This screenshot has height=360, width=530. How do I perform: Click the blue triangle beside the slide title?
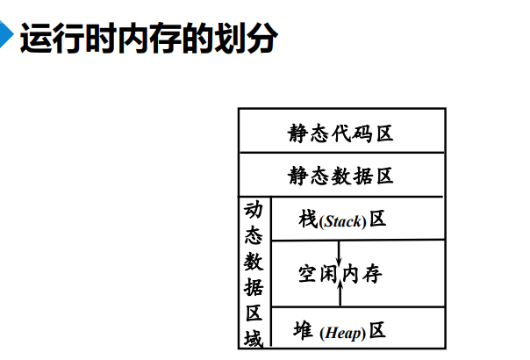pyautogui.click(x=8, y=40)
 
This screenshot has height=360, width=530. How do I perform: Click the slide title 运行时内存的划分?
pyautogui.click(x=148, y=40)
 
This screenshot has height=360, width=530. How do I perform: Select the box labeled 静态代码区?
pyautogui.click(x=341, y=133)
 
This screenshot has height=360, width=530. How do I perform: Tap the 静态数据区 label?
pyautogui.click(x=341, y=176)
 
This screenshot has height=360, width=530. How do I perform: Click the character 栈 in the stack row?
pyautogui.click(x=307, y=219)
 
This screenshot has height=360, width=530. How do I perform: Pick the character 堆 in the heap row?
pyautogui.click(x=303, y=331)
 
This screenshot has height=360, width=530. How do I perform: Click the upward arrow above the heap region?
pyautogui.click(x=340, y=292)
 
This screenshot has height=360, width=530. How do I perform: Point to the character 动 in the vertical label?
pyautogui.click(x=254, y=211)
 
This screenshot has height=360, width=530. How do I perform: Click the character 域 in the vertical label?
pyautogui.click(x=254, y=336)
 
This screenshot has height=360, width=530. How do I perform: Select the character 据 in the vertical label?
pyautogui.click(x=254, y=286)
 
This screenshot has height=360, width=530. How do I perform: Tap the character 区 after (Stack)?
pyautogui.click(x=377, y=219)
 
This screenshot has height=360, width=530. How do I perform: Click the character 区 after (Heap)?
pyautogui.click(x=377, y=331)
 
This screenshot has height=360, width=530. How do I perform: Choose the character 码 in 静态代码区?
pyautogui.click(x=362, y=133)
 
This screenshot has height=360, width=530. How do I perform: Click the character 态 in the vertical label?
pyautogui.click(x=254, y=235)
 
